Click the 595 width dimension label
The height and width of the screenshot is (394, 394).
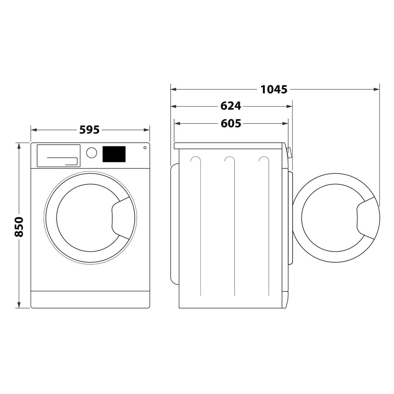pos(89,130)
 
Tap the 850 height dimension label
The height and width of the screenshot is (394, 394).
pos(19,227)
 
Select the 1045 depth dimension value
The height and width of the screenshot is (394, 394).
pos(274,89)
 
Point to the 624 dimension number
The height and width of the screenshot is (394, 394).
pos(230,106)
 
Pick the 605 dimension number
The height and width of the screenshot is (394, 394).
pos(231,123)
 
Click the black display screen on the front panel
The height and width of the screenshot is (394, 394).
pos(114,154)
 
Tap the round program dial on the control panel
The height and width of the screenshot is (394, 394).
pos(91,153)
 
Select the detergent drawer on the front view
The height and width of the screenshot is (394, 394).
pos(58,156)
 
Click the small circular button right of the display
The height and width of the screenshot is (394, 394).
pos(145,148)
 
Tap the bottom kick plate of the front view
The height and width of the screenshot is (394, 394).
pos(90,299)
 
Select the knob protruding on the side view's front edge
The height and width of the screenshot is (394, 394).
pos(290,152)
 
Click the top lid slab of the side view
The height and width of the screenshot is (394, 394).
pos(229,146)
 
